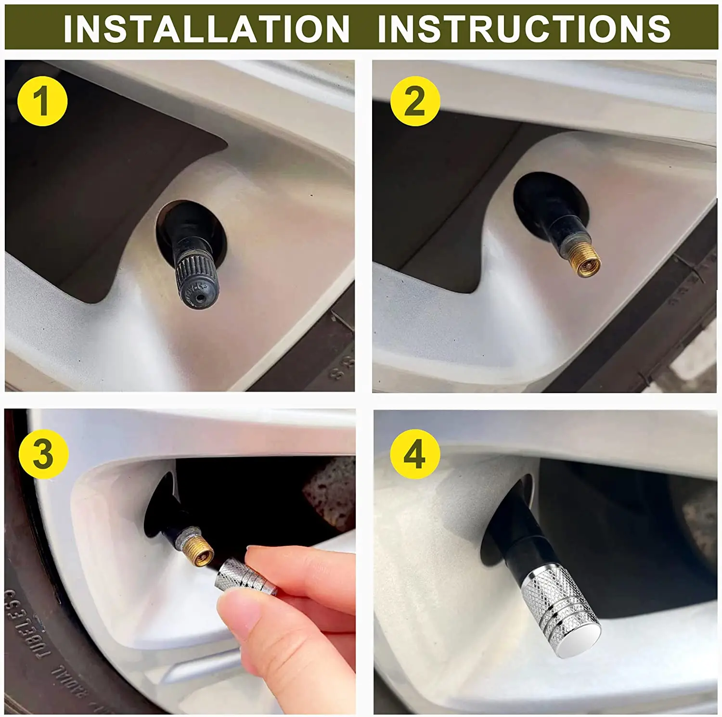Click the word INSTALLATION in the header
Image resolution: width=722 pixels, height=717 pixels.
[x=206, y=28]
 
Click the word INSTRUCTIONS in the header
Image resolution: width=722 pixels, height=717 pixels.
[x=524, y=28]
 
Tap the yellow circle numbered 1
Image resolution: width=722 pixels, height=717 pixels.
[x=42, y=101]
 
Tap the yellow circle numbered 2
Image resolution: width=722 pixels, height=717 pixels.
[x=415, y=101]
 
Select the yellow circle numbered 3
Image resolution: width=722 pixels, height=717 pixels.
[x=43, y=454]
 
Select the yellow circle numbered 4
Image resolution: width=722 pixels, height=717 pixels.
[x=415, y=454]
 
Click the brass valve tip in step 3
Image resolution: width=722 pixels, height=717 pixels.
[x=199, y=550]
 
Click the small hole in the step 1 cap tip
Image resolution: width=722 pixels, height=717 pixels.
[x=199, y=298]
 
